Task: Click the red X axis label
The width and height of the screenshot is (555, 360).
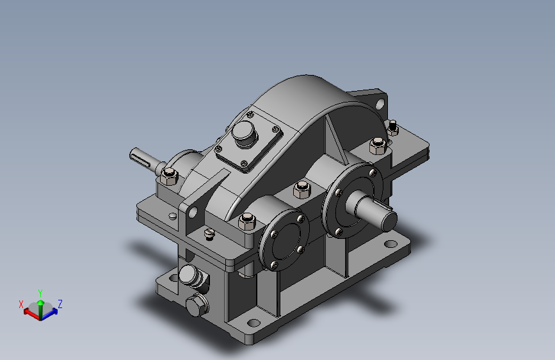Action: tap(21, 304)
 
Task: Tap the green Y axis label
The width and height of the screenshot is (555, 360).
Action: tap(40, 293)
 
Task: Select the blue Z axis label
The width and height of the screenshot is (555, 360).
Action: tap(60, 304)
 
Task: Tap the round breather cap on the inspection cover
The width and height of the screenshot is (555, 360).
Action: tap(244, 133)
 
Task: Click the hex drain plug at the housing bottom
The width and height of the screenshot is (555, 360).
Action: tap(197, 306)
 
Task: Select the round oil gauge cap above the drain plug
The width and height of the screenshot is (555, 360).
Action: tap(189, 275)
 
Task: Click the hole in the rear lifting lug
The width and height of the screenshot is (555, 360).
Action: tap(380, 104)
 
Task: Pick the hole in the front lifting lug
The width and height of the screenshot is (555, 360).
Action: tap(193, 213)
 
